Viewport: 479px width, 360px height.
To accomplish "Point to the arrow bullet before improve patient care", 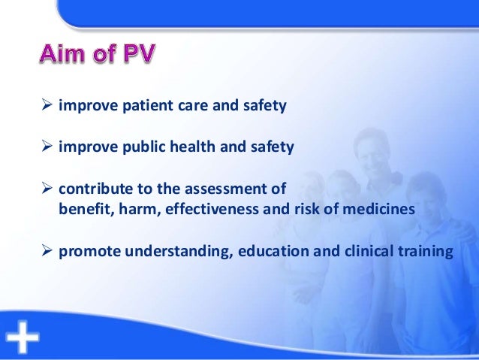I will coord(47,106).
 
